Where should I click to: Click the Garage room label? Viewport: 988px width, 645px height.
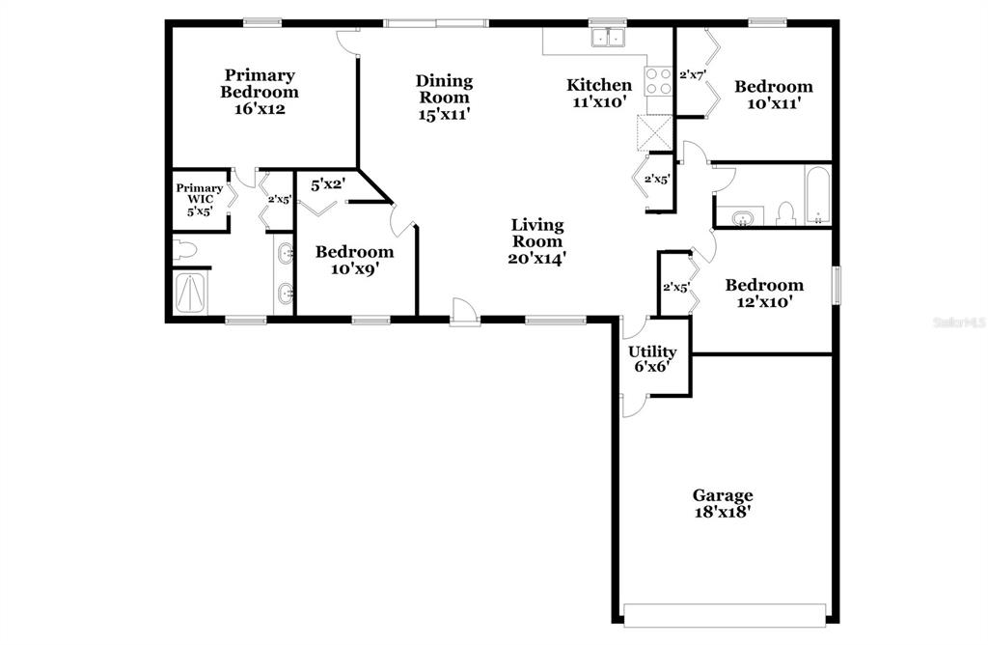(x=723, y=495)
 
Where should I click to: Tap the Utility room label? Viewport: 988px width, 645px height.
(x=652, y=351)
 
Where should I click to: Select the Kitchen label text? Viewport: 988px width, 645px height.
(x=598, y=84)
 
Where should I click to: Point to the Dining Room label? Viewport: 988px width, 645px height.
(x=444, y=89)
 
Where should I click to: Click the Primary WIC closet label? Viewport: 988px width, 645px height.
(x=199, y=193)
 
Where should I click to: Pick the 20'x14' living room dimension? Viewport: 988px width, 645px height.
(x=536, y=258)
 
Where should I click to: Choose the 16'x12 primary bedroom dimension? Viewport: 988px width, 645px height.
(x=260, y=108)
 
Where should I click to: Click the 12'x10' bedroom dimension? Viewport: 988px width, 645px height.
(x=764, y=302)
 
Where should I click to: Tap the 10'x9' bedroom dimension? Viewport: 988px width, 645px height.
(x=355, y=268)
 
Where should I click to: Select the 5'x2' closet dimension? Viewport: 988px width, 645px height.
(x=328, y=184)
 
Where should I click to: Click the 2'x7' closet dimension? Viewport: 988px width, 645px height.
(x=693, y=74)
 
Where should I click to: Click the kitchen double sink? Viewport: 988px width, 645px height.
(x=608, y=38)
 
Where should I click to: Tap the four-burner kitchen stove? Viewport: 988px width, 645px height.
(x=658, y=81)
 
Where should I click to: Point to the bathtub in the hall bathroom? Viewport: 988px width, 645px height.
(x=818, y=194)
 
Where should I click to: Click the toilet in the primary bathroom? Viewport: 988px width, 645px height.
(x=185, y=250)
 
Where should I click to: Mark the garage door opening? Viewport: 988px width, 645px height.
(x=725, y=615)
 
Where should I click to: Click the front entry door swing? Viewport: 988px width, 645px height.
(x=465, y=311)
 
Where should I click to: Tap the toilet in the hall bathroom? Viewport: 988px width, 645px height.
(x=785, y=214)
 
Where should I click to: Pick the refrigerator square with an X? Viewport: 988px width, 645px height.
(x=655, y=133)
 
